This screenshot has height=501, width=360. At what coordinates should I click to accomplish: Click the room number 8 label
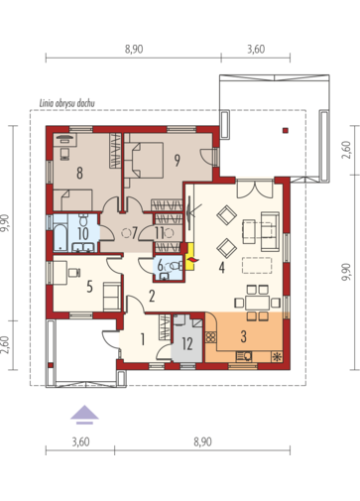coord(79,173)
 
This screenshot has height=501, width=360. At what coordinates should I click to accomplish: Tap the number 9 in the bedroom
coord(178,161)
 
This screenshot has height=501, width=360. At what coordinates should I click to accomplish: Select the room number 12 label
coord(187,344)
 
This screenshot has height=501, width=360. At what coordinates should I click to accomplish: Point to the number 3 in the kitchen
coord(244,336)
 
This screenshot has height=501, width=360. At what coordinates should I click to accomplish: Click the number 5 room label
coord(89,287)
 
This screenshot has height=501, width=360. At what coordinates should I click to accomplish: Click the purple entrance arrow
coord(84,415)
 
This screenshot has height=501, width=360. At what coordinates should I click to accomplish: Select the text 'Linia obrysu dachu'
coord(67,103)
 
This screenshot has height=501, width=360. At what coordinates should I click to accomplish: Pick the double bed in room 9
coord(144,160)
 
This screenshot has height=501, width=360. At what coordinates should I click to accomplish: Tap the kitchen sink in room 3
coord(244,356)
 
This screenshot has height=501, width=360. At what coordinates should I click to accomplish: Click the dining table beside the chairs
coord(258,302)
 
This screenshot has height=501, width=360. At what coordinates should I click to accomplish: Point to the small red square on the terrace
coord(286,130)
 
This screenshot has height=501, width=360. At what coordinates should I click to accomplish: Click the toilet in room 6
coord(175,266)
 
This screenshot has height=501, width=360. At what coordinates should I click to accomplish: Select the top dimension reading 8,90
coord(134,50)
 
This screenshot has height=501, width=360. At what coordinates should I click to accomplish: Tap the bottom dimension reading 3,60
coord(80,441)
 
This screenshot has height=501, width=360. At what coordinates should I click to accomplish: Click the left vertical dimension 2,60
coord(5,345)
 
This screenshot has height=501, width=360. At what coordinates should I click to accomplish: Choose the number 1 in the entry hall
coord(143,339)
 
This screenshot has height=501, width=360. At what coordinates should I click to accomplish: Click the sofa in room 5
coord(112,297)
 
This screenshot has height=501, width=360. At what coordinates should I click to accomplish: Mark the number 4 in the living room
coord(221,268)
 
